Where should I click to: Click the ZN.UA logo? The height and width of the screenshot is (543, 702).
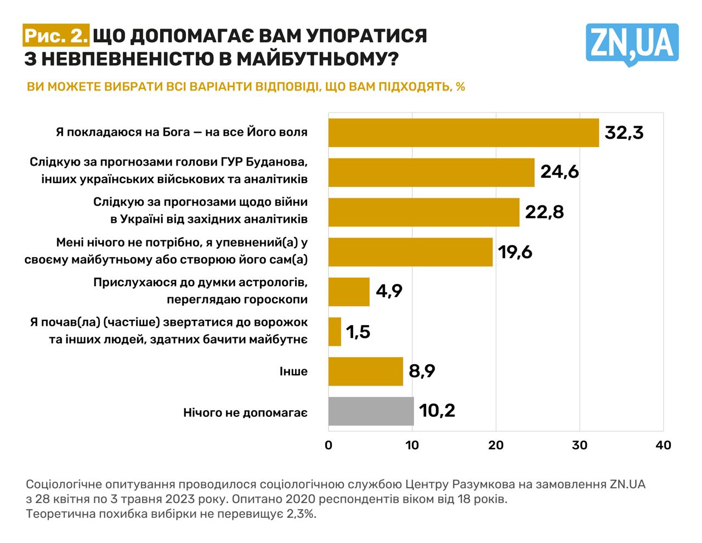tap(632, 43)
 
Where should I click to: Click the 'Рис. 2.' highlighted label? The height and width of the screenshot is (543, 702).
tap(56, 36)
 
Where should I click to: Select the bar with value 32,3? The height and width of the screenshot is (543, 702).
tap(463, 133)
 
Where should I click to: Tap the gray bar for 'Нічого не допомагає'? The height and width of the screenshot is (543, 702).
tap(371, 411)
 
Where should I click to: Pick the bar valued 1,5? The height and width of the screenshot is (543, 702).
tap(335, 332)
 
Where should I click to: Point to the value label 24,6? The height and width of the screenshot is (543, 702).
tap(559, 172)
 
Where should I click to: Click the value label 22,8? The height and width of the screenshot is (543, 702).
tap(544, 212)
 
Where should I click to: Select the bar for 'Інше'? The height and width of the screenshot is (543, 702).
tap(365, 371)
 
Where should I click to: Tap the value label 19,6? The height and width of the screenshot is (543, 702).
tap(515, 252)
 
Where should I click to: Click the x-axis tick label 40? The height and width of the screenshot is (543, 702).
tap(663, 445)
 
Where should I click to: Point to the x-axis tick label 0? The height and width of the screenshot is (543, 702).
tap(329, 445)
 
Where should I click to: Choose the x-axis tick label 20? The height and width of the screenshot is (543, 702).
tap(496, 445)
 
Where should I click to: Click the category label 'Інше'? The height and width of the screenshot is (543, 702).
tap(293, 372)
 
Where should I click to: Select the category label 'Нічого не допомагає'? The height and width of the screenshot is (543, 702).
tap(245, 412)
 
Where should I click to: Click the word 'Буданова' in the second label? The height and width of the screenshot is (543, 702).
tap(276, 162)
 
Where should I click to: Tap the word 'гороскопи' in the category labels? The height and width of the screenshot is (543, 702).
tap(275, 299)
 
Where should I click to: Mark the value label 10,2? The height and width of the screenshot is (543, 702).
tap(437, 411)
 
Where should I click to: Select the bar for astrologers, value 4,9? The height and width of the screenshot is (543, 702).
tap(349, 292)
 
